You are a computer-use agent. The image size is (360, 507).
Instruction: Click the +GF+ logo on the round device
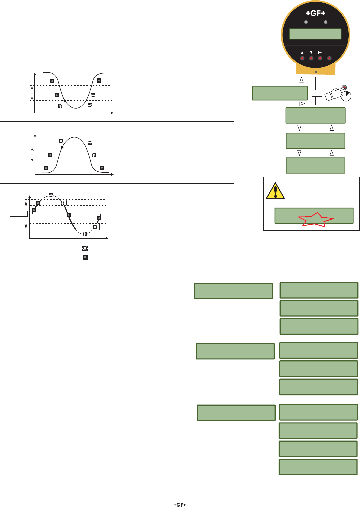(315, 14)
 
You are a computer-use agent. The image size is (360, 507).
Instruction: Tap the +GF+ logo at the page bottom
(180, 505)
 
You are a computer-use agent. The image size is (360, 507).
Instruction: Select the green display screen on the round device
(315, 34)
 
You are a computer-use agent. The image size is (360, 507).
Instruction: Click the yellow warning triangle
(275, 191)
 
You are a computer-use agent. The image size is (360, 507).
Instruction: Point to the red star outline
(316, 220)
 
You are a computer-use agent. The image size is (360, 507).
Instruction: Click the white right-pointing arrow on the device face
(320, 53)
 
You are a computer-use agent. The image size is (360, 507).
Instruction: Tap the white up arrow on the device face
(302, 53)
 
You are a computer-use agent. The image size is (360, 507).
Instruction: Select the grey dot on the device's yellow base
(316, 72)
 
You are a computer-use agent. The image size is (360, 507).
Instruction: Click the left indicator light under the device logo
(306, 22)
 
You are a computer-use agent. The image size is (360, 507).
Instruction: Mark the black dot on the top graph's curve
(65, 100)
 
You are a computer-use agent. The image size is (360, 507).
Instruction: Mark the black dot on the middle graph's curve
(62, 147)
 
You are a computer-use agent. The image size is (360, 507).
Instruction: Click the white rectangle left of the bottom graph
(19, 214)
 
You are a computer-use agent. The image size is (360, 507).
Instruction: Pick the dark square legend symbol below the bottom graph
(85, 257)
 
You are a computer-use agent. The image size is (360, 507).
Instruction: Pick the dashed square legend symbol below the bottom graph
(85, 248)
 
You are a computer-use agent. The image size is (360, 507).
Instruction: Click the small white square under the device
(316, 93)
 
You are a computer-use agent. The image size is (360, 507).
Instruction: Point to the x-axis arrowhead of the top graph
(112, 113)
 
